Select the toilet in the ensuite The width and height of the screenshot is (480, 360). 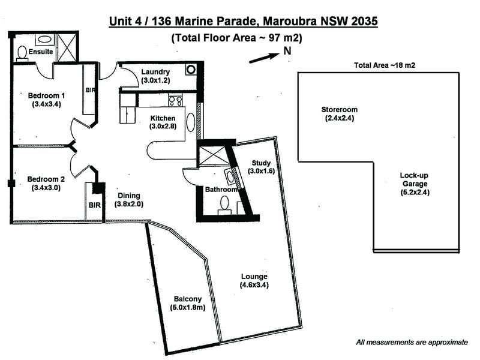pyautogui.click(x=22, y=53)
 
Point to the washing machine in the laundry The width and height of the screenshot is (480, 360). pyautogui.click(x=191, y=68)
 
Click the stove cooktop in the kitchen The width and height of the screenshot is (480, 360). pyautogui.click(x=175, y=101)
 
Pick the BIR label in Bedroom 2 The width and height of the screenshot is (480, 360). pyautogui.click(x=95, y=205)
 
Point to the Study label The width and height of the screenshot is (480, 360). pyautogui.click(x=261, y=163)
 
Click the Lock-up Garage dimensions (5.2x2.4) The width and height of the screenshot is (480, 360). pyautogui.click(x=414, y=193)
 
